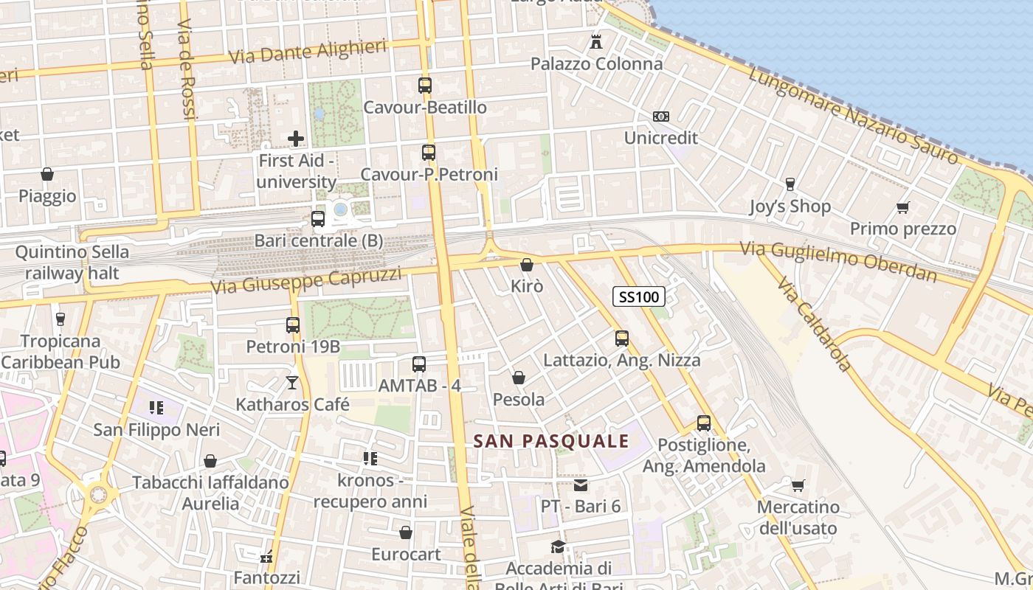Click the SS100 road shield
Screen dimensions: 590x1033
(x=639, y=296)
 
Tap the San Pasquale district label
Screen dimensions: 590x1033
(x=551, y=442)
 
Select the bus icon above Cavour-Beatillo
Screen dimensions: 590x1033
(x=425, y=86)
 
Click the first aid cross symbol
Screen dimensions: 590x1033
(x=296, y=138)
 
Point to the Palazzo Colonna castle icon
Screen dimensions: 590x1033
(x=596, y=41)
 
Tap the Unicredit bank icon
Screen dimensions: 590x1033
(x=660, y=117)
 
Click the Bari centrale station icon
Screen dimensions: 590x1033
(x=318, y=219)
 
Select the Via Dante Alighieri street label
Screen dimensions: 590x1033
(x=308, y=52)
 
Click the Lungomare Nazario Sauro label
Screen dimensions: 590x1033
(x=852, y=114)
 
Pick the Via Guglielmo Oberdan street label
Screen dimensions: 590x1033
(x=839, y=262)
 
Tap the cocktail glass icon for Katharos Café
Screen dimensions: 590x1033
(x=292, y=382)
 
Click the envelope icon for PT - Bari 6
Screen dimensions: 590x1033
(x=581, y=485)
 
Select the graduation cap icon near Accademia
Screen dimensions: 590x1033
(x=559, y=546)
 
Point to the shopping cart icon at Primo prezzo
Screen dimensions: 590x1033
(x=902, y=207)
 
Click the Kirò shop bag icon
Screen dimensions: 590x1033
(x=527, y=264)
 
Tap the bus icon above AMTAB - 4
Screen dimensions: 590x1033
(x=419, y=364)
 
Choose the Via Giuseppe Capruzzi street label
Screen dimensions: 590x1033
(x=306, y=280)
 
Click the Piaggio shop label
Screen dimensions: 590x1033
(x=47, y=196)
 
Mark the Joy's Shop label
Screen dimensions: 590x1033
(x=790, y=206)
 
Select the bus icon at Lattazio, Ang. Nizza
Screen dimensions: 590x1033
(x=622, y=339)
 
